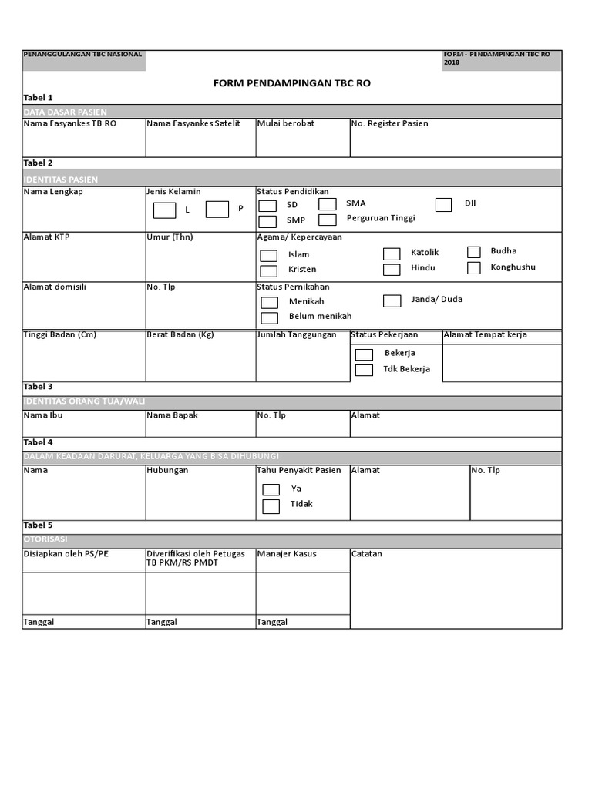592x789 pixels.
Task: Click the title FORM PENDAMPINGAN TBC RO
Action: [x=292, y=82]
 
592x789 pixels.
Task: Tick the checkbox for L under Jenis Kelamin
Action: [x=164, y=210]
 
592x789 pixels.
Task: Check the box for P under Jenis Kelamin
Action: [x=217, y=209]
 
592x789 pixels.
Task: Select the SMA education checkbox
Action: [x=328, y=204]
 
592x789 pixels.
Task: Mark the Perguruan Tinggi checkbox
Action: [x=328, y=220]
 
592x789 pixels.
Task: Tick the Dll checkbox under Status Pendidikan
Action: [x=443, y=204]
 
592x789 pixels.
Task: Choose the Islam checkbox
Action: [x=268, y=255]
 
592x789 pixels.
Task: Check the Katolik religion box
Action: [x=392, y=253]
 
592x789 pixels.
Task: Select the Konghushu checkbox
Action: [x=474, y=267]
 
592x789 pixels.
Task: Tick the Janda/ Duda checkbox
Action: [x=392, y=300]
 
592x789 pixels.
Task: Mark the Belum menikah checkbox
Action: [x=269, y=317]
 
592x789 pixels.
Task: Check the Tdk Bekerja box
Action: [x=364, y=370]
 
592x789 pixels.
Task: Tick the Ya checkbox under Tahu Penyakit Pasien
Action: [x=271, y=489]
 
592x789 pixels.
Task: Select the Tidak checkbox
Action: [x=271, y=506]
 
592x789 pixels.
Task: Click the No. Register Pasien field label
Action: [x=389, y=123]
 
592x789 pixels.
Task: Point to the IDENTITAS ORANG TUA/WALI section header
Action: [x=85, y=402]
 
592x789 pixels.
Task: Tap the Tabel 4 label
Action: [x=39, y=442]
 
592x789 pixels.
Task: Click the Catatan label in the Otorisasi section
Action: [x=366, y=554]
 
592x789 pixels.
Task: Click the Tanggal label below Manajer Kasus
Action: [x=272, y=622]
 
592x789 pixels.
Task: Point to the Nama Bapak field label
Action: [x=172, y=415]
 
